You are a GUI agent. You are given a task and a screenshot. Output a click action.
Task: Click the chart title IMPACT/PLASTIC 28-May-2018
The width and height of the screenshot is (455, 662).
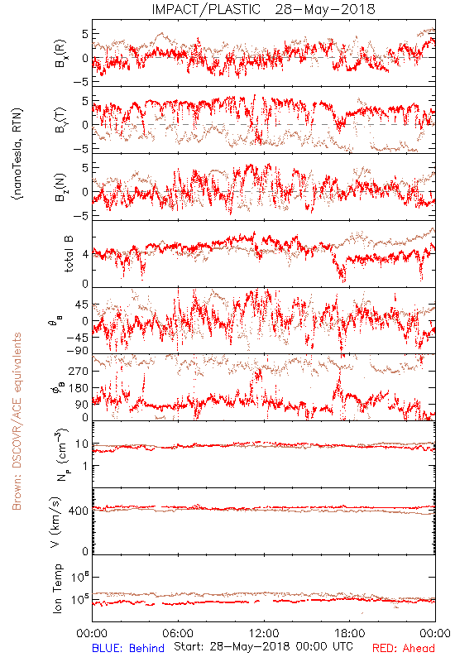click(263, 9)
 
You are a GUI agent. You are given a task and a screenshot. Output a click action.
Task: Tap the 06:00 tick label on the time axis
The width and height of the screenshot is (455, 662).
click(178, 633)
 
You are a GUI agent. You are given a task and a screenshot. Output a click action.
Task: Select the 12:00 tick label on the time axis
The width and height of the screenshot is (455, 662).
click(264, 633)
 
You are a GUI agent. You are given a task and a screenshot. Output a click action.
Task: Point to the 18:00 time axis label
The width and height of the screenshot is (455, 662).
click(350, 633)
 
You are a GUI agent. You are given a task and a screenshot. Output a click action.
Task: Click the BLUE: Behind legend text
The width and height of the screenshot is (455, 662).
click(128, 648)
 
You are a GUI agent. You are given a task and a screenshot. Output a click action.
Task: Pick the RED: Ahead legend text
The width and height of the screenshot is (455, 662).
click(403, 648)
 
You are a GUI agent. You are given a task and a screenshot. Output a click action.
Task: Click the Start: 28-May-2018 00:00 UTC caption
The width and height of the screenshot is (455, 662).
click(263, 646)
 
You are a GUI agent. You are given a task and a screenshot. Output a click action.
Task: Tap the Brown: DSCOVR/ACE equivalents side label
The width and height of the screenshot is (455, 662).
click(17, 421)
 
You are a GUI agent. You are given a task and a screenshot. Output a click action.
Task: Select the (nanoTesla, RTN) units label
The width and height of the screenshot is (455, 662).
click(17, 154)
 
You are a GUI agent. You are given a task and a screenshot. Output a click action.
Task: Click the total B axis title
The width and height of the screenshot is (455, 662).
click(69, 254)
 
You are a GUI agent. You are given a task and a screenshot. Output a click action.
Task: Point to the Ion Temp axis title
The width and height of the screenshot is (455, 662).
click(57, 588)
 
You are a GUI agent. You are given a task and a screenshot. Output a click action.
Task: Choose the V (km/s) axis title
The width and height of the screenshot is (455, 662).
click(55, 522)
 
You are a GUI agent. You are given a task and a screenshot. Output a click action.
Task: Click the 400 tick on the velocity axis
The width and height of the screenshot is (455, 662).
click(79, 511)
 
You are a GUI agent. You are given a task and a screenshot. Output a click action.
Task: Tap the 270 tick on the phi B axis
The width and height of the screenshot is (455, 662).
click(79, 371)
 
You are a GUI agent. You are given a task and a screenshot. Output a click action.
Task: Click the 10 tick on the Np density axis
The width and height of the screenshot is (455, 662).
click(82, 444)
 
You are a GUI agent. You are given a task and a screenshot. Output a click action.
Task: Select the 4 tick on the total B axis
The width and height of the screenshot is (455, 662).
click(86, 254)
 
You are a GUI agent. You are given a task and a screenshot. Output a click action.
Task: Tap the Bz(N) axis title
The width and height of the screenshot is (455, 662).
click(60, 187)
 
